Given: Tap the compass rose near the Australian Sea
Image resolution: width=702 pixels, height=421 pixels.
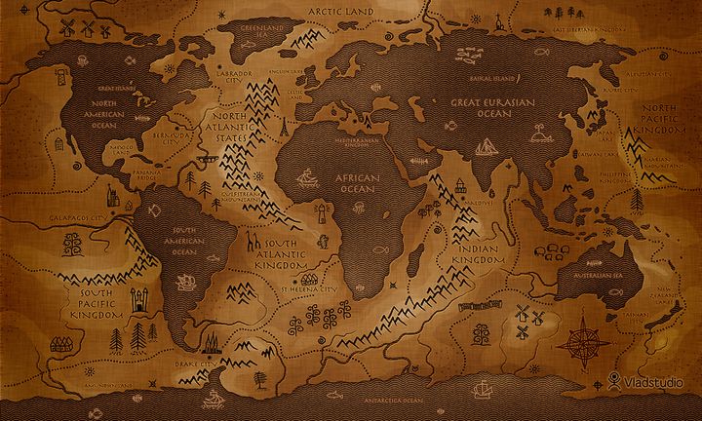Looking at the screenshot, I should (582, 337).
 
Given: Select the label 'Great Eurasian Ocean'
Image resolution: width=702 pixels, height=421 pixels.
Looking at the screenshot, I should (479, 106).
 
